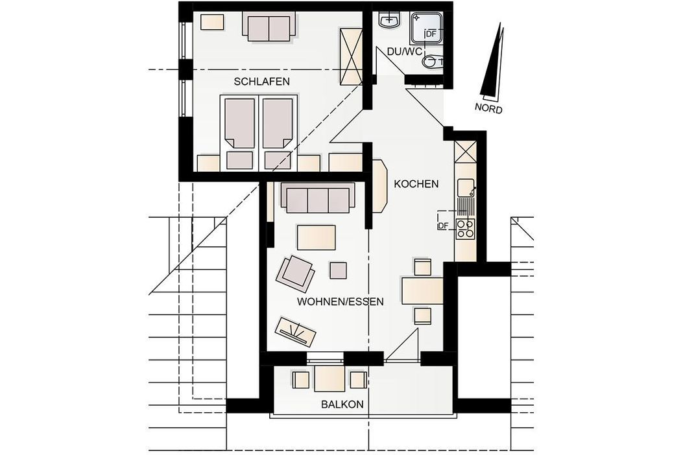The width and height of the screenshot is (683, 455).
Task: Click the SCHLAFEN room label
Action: point(261,82)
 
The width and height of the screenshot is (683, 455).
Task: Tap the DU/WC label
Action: point(405,52)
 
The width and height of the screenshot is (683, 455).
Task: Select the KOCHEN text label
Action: point(416,183)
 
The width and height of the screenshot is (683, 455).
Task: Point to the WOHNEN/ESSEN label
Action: point(340,302)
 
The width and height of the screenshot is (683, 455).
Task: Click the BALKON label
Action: point(342,404)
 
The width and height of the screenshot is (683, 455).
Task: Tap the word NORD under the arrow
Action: point(488,108)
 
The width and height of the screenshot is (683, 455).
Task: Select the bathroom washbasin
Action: point(389,20)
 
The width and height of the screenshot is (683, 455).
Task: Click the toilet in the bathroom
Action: point(433,61)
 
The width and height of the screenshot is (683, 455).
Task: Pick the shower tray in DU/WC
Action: point(426,30)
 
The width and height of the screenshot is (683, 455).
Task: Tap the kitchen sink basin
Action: point(465,188)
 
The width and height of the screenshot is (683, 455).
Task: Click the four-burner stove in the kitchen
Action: point(465,229)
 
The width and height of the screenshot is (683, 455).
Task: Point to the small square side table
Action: point(338,270)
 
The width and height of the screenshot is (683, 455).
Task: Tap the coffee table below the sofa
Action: point(317,237)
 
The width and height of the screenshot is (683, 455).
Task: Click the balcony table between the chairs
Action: point(330,379)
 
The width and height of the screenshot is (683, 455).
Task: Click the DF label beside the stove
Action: point(442,226)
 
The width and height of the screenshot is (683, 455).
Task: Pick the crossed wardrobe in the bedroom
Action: point(350,57)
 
